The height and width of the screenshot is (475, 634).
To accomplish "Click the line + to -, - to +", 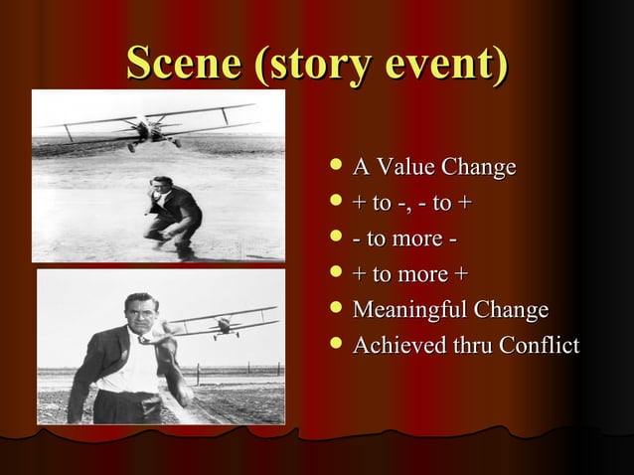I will [x=406, y=204].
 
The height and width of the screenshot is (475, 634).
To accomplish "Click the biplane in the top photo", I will [x=149, y=125].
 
